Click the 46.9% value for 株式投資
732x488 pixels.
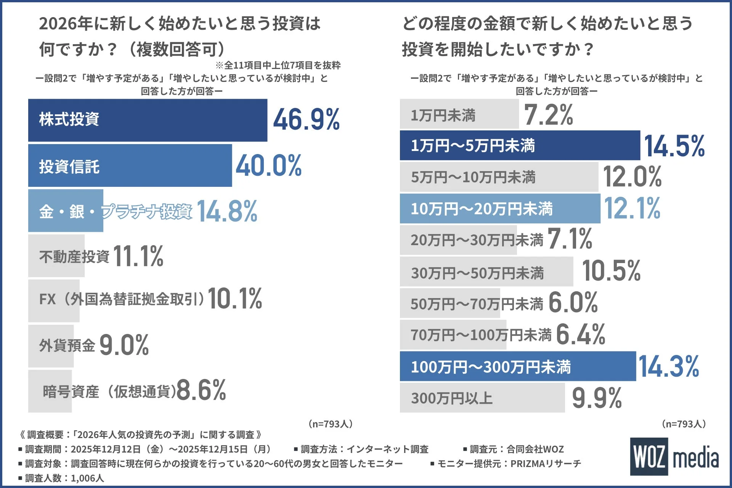coord(306,120)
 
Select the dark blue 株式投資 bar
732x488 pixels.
coord(148,120)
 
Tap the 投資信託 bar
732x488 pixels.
coord(130,165)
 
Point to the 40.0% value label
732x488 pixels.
coord(268,166)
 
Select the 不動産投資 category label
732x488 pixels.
coord(74,256)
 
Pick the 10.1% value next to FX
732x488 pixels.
coord(235,298)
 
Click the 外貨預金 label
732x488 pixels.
coord(67,345)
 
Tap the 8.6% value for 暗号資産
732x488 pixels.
coord(201,390)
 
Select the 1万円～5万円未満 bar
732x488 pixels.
coord(520,146)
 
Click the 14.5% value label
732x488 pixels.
coord(674,146)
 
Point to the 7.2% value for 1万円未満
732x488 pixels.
coord(548,114)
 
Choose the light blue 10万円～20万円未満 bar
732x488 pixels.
coord(500,209)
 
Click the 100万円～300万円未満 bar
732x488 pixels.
coord(518,366)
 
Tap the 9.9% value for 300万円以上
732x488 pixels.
coord(597,398)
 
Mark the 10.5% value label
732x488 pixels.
coord(611,271)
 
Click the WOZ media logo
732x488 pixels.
coord(674,456)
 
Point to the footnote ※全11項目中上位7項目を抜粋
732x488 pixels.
coord(278,65)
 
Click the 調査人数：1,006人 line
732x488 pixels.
coord(61,478)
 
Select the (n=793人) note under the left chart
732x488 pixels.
coord(330,424)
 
